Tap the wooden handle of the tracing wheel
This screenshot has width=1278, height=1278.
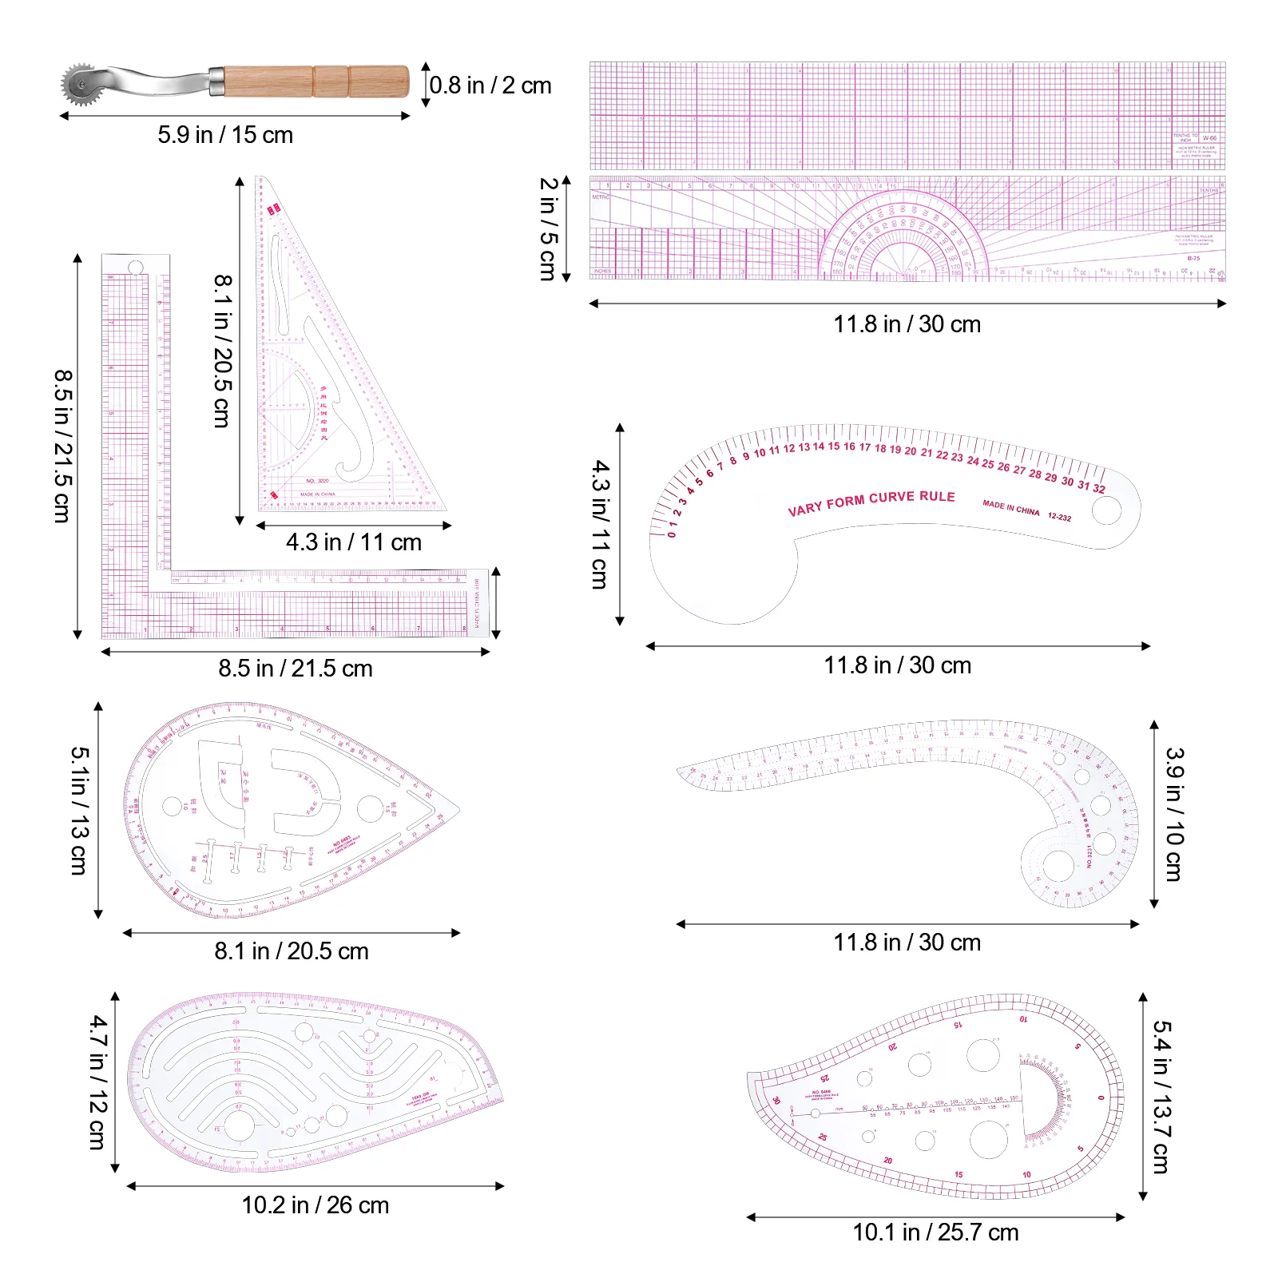coord(316,81)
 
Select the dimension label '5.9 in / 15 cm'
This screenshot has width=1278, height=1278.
coord(225,135)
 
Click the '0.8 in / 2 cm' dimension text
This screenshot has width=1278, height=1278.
coord(490,85)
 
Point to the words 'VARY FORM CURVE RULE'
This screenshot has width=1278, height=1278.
coord(871,502)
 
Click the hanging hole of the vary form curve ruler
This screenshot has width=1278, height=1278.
coord(1106,510)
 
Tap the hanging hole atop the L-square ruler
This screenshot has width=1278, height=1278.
coord(136,267)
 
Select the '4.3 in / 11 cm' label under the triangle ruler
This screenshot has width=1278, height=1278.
coord(354,542)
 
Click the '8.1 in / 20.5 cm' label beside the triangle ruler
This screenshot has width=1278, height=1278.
coord(223,351)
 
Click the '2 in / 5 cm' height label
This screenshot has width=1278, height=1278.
coord(547,228)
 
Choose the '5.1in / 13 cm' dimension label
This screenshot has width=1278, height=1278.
coord(79,810)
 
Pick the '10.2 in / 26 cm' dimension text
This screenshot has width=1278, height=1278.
coord(316,1205)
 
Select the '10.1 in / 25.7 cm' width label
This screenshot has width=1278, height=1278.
coord(935,1232)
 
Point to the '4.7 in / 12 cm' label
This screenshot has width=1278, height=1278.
coord(97,1082)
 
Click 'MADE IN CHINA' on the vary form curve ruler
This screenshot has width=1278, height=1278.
coord(1011,508)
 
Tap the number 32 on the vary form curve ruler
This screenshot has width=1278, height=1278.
coord(1099,489)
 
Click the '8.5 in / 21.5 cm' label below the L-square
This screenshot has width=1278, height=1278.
coord(296,669)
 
